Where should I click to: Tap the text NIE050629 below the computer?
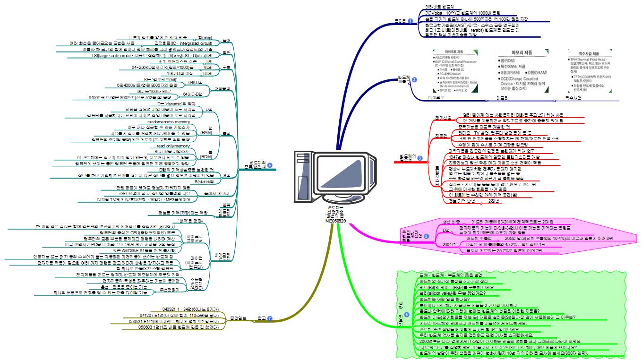click(335, 221)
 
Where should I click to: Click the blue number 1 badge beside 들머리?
click(410, 21)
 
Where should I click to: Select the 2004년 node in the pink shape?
click(449, 244)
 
